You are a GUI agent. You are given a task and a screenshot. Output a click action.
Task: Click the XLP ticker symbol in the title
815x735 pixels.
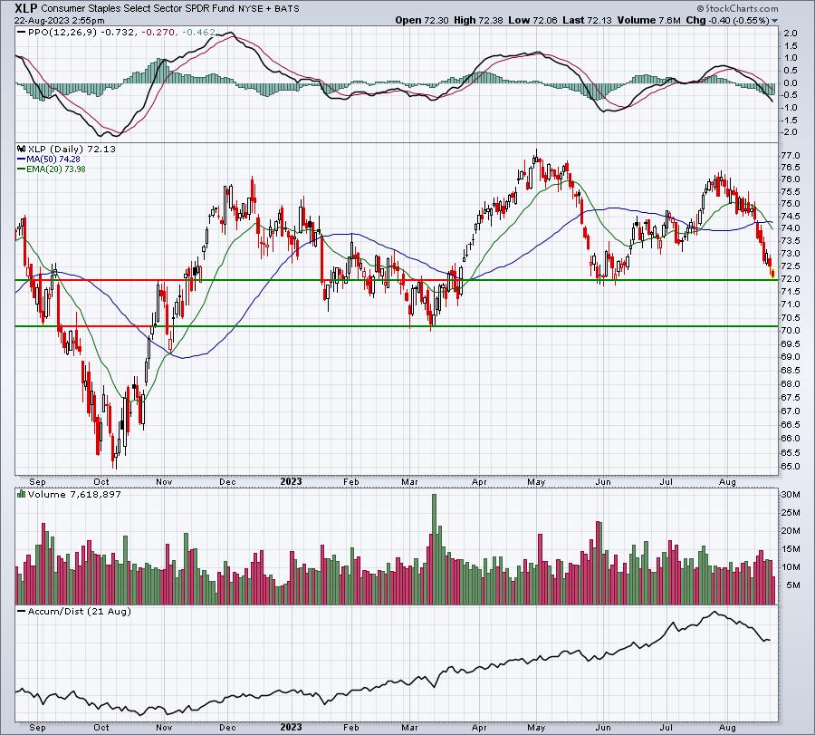click(26, 8)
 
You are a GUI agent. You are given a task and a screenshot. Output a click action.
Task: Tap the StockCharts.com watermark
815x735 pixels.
click(737, 8)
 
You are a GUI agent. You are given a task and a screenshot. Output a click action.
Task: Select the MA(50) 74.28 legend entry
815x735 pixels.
click(49, 159)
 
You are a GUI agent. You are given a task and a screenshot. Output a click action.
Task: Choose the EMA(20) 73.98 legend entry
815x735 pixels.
click(52, 169)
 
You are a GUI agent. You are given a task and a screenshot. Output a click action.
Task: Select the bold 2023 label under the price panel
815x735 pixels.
click(291, 481)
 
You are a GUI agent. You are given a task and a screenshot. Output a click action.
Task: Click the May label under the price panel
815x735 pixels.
click(536, 481)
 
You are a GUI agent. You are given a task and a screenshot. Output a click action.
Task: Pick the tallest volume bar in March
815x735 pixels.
click(434, 549)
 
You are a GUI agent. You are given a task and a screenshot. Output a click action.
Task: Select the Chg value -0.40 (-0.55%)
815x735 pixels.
click(738, 20)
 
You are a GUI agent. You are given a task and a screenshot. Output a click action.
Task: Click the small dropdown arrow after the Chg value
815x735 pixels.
click(774, 21)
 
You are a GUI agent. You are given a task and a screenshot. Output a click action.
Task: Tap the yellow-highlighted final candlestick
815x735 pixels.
click(773, 273)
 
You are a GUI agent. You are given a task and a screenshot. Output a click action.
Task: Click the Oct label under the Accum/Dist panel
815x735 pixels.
click(101, 727)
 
